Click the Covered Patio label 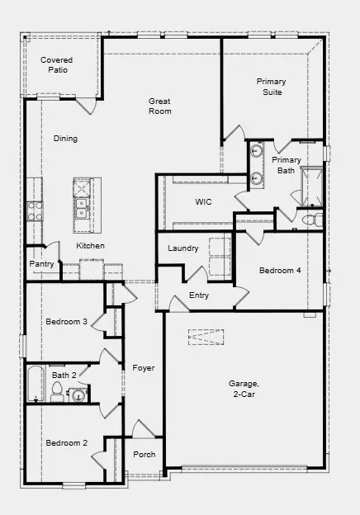pyautogui.click(x=57, y=65)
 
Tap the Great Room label pyautogui.click(x=160, y=106)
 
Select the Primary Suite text pyautogui.click(x=270, y=87)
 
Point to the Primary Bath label pyautogui.click(x=287, y=165)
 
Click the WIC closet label pyautogui.click(x=204, y=201)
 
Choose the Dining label pyautogui.click(x=65, y=139)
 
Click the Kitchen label pyautogui.click(x=90, y=246)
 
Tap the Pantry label pyautogui.click(x=41, y=264)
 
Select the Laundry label pyautogui.click(x=182, y=248)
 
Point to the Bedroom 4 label pyautogui.click(x=280, y=271)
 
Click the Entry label pyautogui.click(x=199, y=295)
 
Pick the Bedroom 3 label pyautogui.click(x=67, y=321)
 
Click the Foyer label pyautogui.click(x=144, y=368)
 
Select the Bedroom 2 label pyautogui.click(x=66, y=443)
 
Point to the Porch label pyautogui.click(x=144, y=455)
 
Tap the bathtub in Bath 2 pyautogui.click(x=35, y=384)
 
